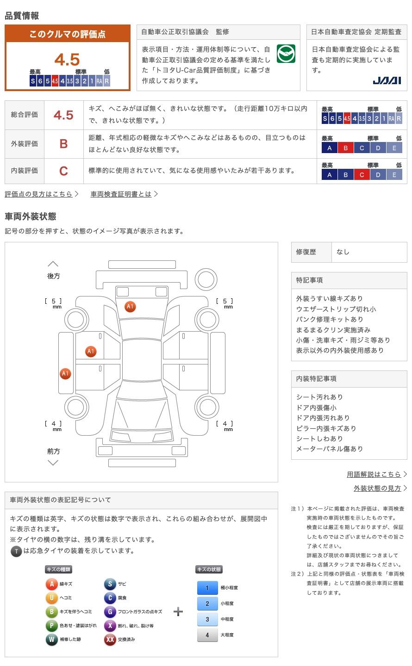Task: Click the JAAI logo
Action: click(x=387, y=80)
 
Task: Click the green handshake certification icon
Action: click(x=286, y=54)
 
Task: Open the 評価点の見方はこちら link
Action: click(x=39, y=194)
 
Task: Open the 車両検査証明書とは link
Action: click(x=121, y=194)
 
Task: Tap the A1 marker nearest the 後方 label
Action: click(x=130, y=307)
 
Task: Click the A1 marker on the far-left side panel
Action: click(x=65, y=374)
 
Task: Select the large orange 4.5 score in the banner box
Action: click(x=67, y=60)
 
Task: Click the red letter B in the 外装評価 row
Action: click(x=63, y=144)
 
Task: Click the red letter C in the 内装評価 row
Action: click(x=63, y=171)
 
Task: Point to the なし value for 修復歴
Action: click(x=343, y=252)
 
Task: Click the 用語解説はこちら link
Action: click(x=374, y=475)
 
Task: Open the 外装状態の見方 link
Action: click(x=377, y=488)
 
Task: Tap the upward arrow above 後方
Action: click(x=53, y=264)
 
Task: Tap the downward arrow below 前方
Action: click(x=53, y=462)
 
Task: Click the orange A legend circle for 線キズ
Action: click(x=52, y=584)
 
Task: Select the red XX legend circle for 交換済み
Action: click(x=110, y=640)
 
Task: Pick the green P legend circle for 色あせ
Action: click(x=52, y=626)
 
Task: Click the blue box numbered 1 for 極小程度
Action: click(x=207, y=588)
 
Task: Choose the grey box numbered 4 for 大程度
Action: click(x=207, y=635)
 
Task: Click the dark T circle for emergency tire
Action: click(x=16, y=551)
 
